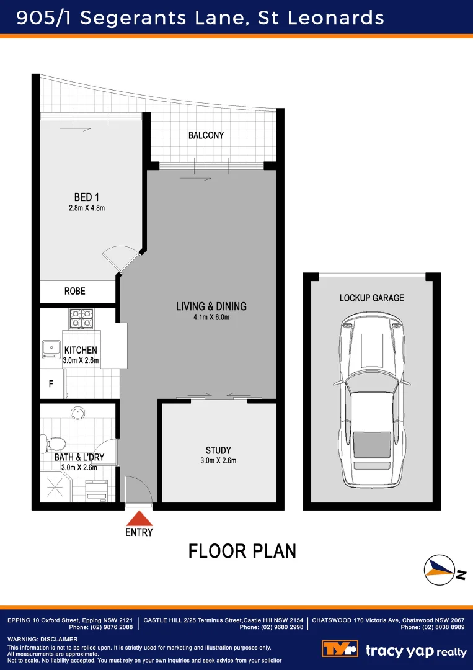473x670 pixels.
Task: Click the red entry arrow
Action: (x=139, y=518)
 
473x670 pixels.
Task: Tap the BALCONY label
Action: (x=206, y=135)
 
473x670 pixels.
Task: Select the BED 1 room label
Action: (x=87, y=197)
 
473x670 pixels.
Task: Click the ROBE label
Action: (x=75, y=291)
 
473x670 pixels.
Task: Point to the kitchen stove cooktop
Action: (x=81, y=318)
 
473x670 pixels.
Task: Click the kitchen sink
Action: (x=50, y=350)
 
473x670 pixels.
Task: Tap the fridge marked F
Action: (x=51, y=385)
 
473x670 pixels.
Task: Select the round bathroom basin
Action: (x=78, y=412)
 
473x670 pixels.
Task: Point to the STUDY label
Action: (x=218, y=450)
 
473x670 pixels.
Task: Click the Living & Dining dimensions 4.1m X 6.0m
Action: (x=211, y=318)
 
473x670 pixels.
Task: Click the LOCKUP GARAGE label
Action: (x=371, y=298)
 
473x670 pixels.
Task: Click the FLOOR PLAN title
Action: (x=242, y=551)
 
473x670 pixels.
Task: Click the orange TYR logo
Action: (x=340, y=650)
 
